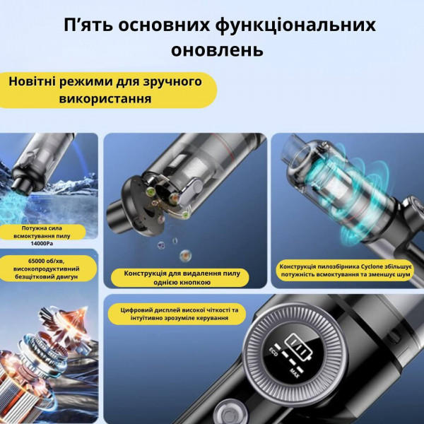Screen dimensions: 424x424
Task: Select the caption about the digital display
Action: tap(180, 314)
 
